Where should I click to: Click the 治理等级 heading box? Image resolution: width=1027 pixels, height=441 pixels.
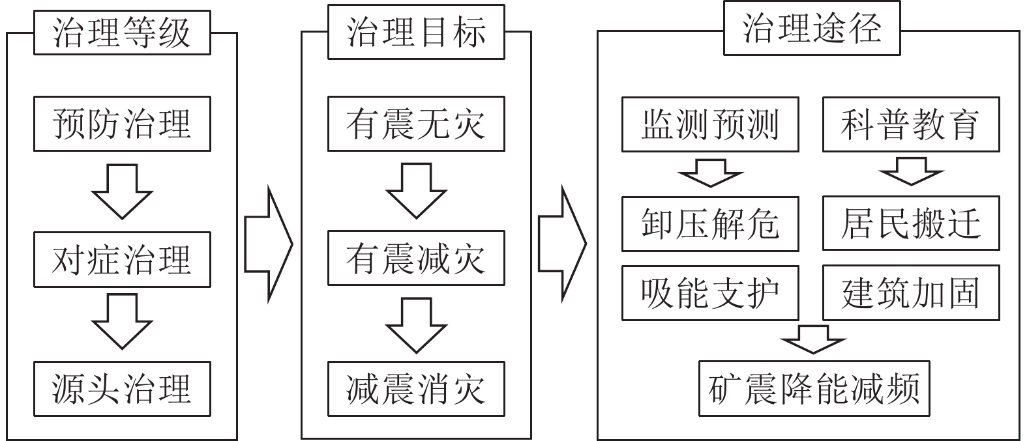(122, 33)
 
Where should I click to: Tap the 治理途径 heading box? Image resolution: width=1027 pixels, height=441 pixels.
(812, 29)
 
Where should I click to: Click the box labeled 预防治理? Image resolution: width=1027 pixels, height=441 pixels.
(122, 124)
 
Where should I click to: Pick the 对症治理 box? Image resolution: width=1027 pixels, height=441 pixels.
(122, 259)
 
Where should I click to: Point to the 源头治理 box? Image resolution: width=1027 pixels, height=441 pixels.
(122, 389)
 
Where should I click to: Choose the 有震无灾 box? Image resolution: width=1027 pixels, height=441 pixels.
(416, 124)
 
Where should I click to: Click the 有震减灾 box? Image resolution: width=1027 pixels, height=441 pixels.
(416, 258)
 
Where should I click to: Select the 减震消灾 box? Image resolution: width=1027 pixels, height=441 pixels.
(416, 389)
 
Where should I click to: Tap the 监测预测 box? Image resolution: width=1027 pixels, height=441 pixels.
(710, 124)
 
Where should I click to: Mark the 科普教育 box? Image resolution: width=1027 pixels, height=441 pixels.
(911, 124)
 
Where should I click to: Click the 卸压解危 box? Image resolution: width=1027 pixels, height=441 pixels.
(710, 223)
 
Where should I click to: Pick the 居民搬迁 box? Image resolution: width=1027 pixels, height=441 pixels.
(911, 223)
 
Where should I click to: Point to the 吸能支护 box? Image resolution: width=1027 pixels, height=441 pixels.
(710, 292)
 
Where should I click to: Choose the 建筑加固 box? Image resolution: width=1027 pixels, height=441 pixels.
(911, 292)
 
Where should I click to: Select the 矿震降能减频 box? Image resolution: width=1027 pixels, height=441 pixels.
(814, 388)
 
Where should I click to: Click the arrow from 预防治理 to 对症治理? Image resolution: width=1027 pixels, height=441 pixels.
(122, 191)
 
